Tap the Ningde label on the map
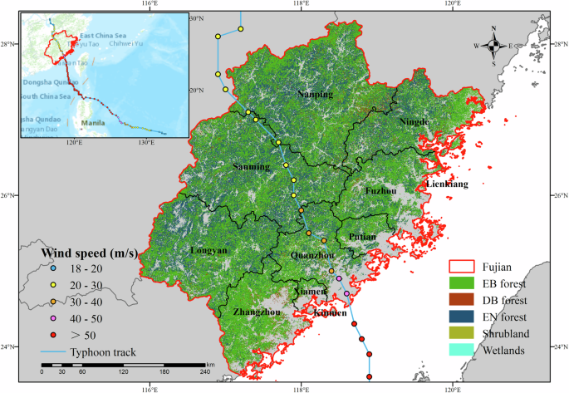[x=414, y=121]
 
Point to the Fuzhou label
[x=381, y=190]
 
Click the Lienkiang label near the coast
[x=448, y=183]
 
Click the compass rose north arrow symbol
[x=493, y=47]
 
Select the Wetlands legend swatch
[x=464, y=350]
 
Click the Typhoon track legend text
[x=105, y=352]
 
